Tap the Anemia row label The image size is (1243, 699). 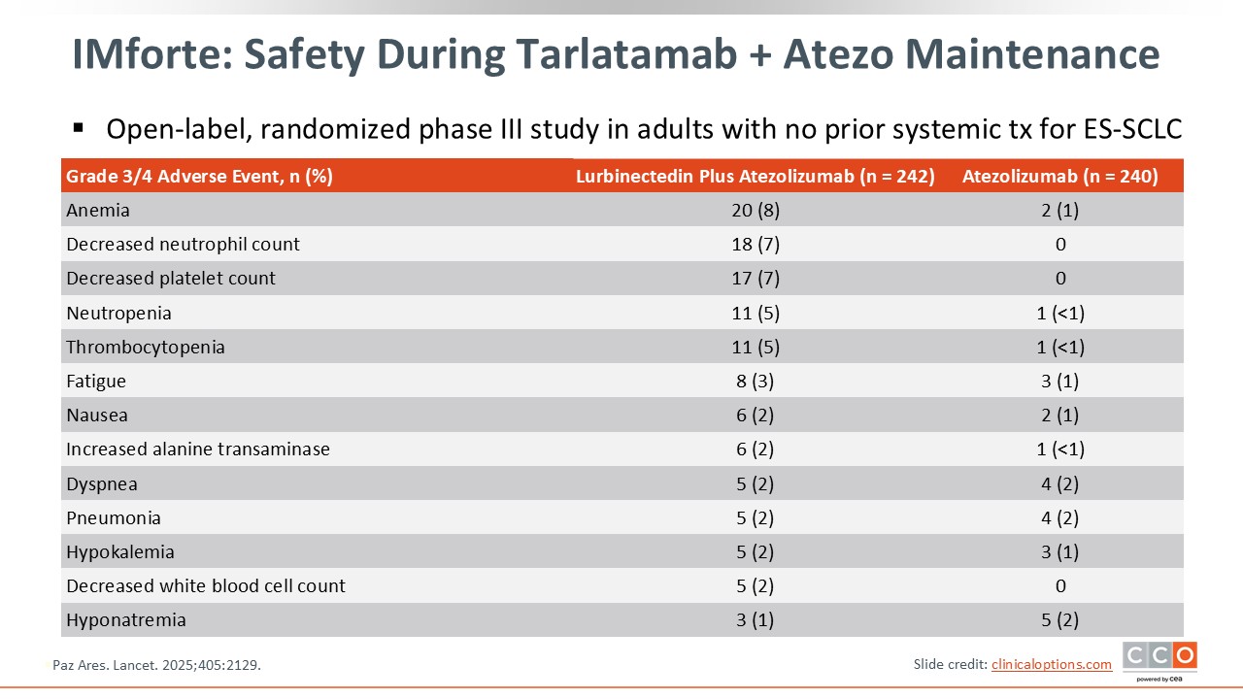[x=98, y=211]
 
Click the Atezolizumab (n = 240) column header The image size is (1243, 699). [x=1059, y=176]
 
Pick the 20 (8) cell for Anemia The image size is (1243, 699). [x=756, y=211]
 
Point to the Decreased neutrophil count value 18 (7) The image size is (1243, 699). [x=756, y=244]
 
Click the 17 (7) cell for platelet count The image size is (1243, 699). [x=756, y=278]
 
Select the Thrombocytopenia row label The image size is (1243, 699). [x=146, y=348]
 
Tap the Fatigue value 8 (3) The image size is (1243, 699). [x=755, y=382]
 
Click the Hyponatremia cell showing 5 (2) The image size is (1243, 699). [x=1059, y=619]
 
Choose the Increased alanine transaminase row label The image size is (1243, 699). [x=198, y=449]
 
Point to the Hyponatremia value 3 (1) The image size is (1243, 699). [x=755, y=619]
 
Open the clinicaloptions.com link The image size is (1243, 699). [x=1052, y=664]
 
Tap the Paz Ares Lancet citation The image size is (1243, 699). [x=156, y=665]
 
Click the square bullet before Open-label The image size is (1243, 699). [x=79, y=129]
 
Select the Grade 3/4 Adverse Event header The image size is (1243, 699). [x=199, y=176]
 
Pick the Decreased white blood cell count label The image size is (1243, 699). [x=206, y=585]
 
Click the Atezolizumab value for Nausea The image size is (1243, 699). [x=1059, y=415]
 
